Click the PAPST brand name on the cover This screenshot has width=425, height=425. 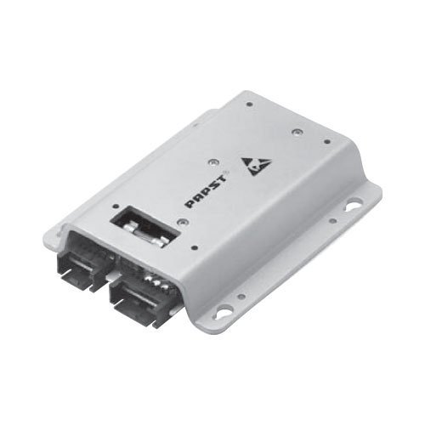[206, 191]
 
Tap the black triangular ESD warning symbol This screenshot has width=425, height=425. [255, 167]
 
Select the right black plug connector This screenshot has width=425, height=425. [142, 300]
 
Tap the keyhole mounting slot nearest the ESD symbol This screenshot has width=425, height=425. [354, 205]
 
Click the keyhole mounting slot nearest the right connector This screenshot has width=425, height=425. [224, 311]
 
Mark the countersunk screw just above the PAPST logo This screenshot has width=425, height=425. [212, 162]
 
